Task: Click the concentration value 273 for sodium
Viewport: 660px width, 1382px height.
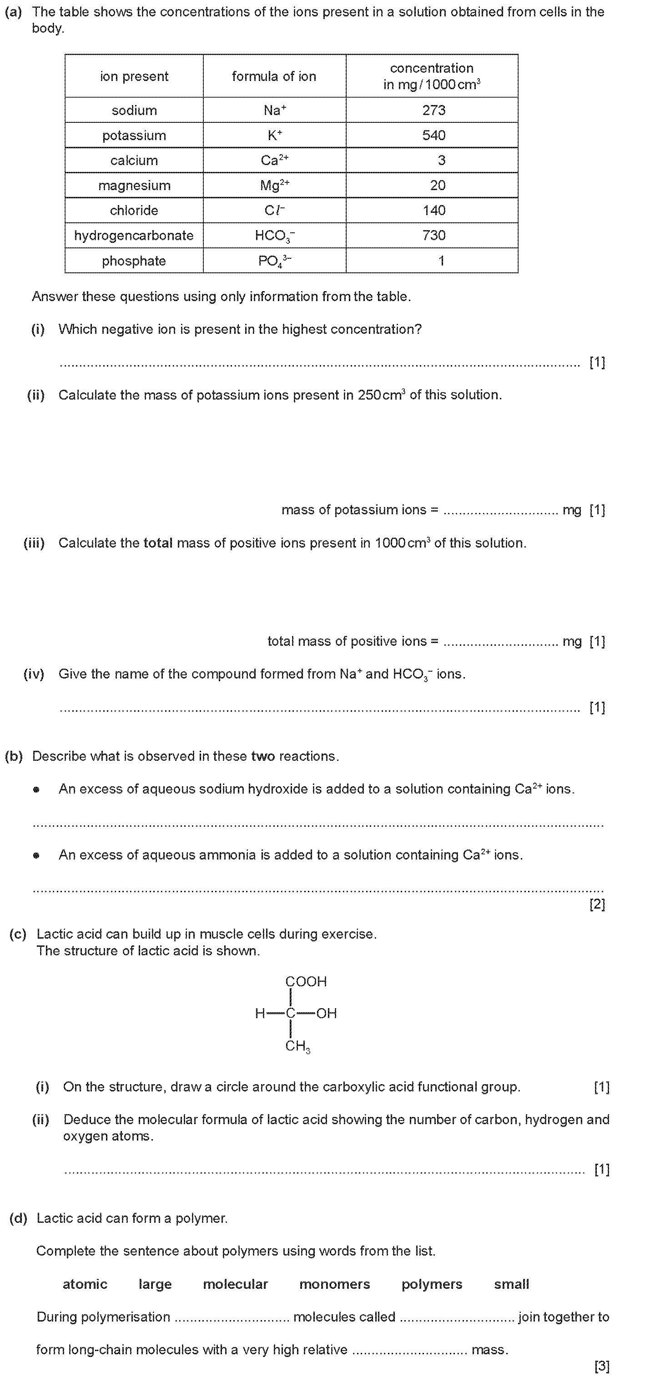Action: point(433,110)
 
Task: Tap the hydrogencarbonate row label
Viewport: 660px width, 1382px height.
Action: point(134,236)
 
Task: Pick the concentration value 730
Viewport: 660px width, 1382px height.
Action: point(433,236)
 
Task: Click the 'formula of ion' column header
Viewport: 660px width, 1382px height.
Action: point(274,76)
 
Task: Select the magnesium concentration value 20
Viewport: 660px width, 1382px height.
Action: point(437,186)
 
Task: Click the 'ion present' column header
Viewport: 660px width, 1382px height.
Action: point(134,76)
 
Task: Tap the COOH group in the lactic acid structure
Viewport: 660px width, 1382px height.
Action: point(306,981)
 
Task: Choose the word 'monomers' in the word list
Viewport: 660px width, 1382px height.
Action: point(334,1284)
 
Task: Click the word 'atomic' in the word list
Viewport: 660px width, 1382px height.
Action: point(85,1284)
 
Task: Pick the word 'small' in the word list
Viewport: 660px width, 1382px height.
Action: point(511,1284)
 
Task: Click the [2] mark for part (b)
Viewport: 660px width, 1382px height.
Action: point(597,905)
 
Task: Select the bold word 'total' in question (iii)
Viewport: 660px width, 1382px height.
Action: point(158,543)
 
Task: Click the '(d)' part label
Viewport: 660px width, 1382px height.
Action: point(18,1218)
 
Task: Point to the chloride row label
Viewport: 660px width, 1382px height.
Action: point(134,210)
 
